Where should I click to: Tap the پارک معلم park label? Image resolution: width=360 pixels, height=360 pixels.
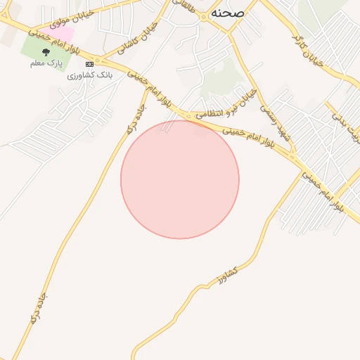tap(46, 64)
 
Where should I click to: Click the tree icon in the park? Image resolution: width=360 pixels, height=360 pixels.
tap(46, 52)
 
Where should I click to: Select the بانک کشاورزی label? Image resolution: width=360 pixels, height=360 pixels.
tap(90, 75)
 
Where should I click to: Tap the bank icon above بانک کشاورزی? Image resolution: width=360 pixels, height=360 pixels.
tap(89, 64)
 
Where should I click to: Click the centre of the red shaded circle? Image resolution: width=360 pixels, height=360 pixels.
tap(180, 179)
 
